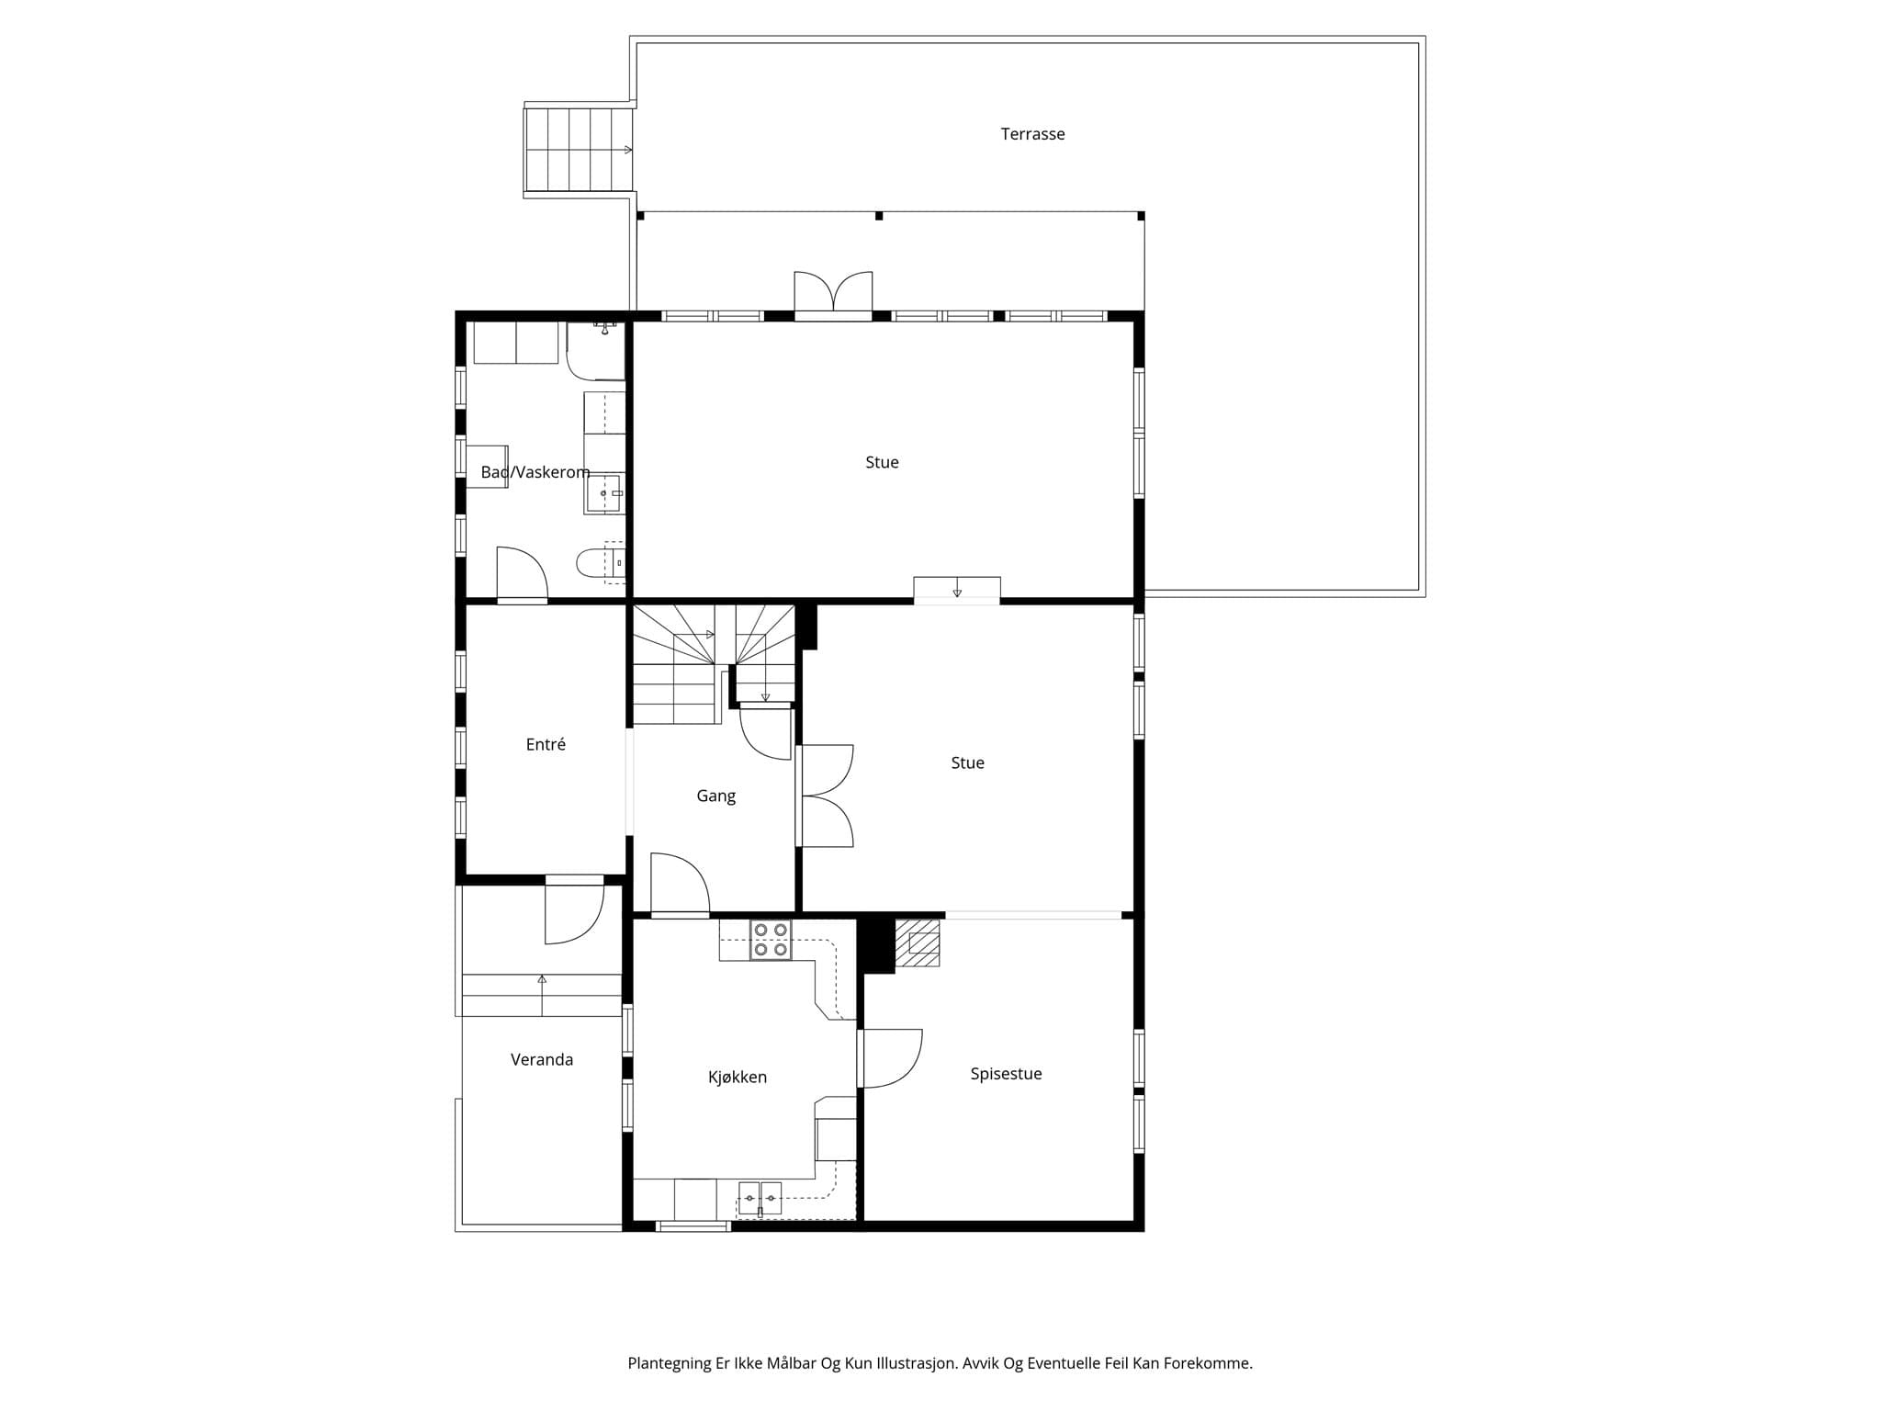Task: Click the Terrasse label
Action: [x=1032, y=134]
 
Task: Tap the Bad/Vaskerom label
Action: [x=535, y=472]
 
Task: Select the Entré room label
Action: [x=546, y=744]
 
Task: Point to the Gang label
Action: [x=715, y=796]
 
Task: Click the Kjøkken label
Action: [x=738, y=1077]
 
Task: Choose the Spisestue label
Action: [x=1006, y=1074]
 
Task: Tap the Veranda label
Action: [x=542, y=1060]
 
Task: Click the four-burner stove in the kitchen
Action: [x=771, y=940]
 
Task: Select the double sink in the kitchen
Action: [x=760, y=1198]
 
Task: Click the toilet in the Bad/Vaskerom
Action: [x=601, y=561]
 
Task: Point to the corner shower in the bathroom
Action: [x=595, y=351]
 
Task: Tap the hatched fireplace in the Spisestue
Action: [x=918, y=943]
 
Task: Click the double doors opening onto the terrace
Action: [x=833, y=294]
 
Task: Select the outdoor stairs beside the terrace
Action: [x=579, y=150]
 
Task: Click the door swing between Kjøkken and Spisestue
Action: [x=890, y=1059]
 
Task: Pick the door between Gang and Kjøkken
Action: [x=681, y=885]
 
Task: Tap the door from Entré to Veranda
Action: [x=575, y=909]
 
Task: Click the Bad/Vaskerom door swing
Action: [x=522, y=574]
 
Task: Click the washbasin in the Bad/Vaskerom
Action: [x=605, y=493]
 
